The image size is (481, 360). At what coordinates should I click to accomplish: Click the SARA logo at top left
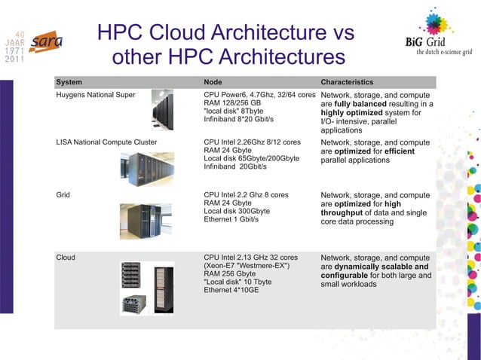coord(47,42)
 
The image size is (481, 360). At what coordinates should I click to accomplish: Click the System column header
coord(69,81)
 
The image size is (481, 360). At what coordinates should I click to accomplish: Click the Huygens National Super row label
coord(96,95)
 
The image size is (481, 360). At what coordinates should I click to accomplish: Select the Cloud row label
coord(66,258)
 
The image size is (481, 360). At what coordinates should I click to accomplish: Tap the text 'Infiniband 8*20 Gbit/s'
coord(238,119)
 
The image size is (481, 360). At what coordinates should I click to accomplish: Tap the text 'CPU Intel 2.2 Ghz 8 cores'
coord(246,194)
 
